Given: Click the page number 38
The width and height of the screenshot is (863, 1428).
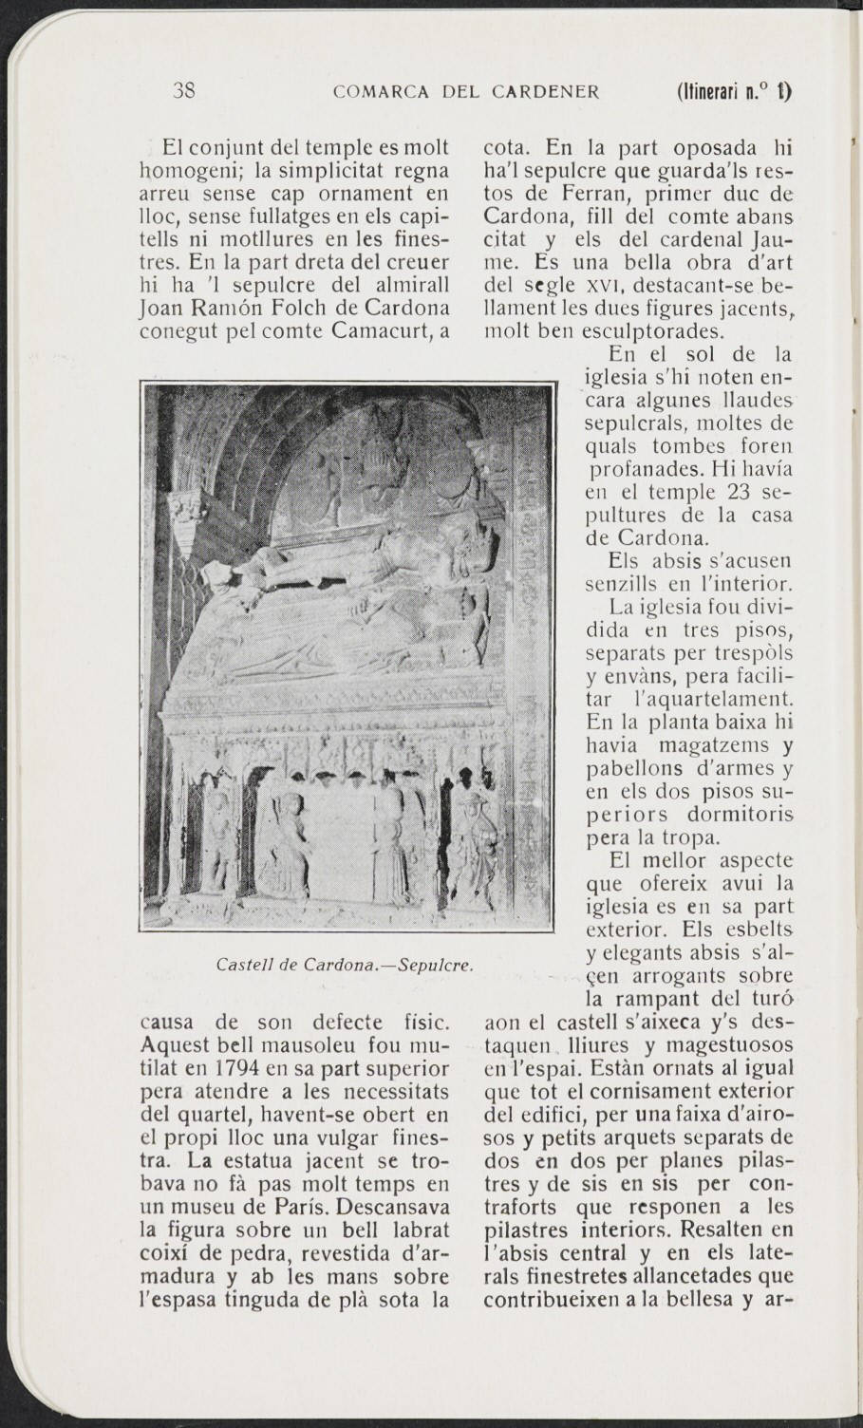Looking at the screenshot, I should point(184,92).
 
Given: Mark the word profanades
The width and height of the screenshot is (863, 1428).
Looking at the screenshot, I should point(635,468).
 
